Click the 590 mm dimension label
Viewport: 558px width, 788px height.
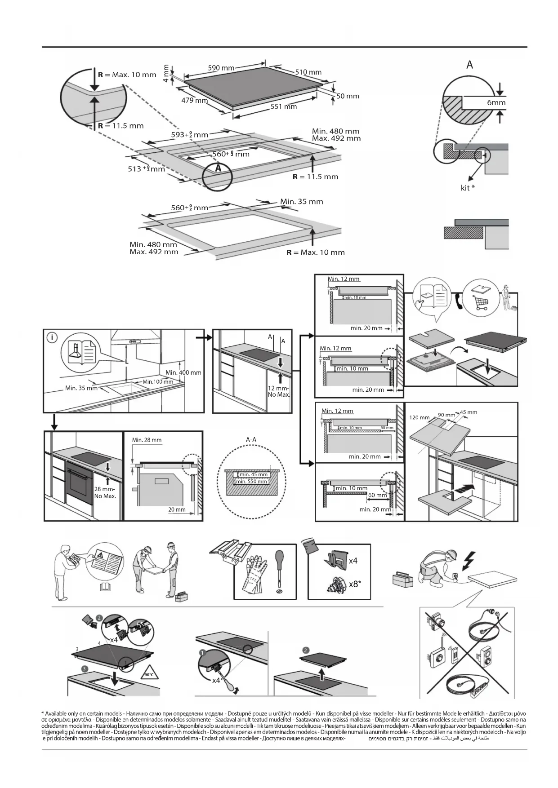tap(221, 68)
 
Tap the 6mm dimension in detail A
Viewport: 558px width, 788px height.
tap(496, 103)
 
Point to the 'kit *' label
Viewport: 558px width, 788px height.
tap(468, 188)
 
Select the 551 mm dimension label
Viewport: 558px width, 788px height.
tap(283, 107)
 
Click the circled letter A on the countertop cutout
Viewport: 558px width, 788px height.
tap(218, 168)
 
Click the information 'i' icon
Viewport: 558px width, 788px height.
tap(52, 337)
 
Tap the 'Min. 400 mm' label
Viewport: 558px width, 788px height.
tap(183, 372)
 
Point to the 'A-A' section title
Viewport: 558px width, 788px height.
tap(251, 439)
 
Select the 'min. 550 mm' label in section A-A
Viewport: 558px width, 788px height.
tap(251, 482)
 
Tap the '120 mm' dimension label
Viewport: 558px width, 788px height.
tap(419, 417)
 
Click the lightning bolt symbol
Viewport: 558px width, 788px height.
tap(469, 559)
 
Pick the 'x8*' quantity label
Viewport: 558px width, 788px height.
tap(355, 584)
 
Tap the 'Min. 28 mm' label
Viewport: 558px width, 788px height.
tap(147, 440)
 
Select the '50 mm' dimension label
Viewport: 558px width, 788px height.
tap(348, 96)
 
